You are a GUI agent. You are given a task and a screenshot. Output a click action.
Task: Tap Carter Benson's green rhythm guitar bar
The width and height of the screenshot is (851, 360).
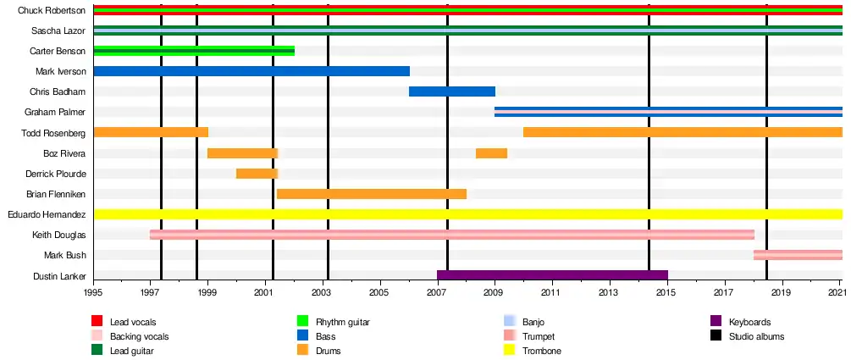click(194, 51)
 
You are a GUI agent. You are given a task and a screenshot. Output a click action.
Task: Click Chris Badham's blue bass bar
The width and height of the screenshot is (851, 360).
click(452, 91)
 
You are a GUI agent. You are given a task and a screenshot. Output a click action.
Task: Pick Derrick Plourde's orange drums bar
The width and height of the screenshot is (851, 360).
click(257, 174)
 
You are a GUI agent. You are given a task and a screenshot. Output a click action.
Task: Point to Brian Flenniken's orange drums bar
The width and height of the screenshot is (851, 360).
click(371, 194)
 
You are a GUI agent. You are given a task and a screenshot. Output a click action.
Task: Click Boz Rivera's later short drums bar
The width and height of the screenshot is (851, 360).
click(491, 153)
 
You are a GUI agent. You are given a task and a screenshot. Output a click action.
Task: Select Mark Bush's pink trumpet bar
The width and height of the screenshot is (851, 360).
click(798, 254)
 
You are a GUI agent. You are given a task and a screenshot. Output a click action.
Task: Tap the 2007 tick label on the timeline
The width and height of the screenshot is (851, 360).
click(437, 292)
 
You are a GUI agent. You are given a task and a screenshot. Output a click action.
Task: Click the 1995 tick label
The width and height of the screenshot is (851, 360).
click(93, 292)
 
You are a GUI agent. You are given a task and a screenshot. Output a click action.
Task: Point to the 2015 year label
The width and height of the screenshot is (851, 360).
click(666, 292)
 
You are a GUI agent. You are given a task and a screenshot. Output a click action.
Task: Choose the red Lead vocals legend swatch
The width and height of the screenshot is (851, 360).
click(97, 322)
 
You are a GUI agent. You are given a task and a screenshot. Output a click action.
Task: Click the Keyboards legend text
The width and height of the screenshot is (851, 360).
click(750, 322)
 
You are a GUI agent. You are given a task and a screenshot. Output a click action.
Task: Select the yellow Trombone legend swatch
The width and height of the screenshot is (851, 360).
click(510, 351)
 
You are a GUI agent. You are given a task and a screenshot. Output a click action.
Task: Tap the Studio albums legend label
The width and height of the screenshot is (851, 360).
click(756, 336)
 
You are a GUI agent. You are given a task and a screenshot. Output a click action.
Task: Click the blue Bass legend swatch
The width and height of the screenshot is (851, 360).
click(303, 336)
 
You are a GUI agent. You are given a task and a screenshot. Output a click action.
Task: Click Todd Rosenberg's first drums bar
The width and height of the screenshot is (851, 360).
click(151, 132)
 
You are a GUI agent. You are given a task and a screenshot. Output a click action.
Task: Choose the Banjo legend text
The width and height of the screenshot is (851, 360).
click(533, 322)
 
